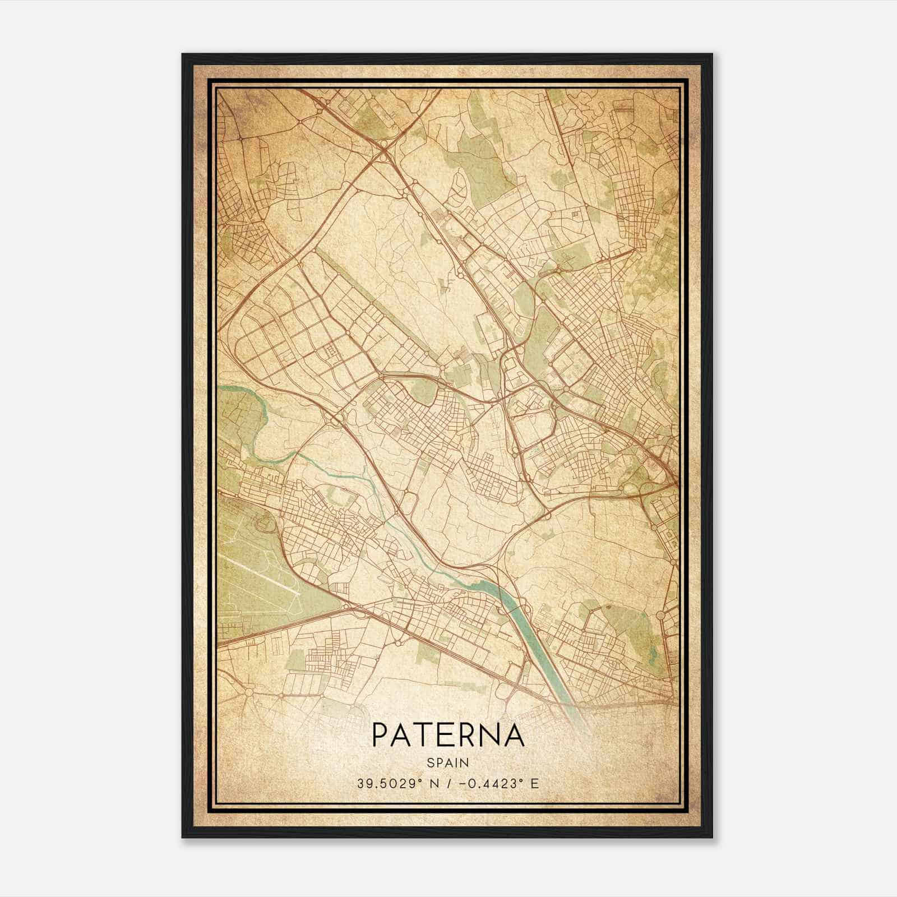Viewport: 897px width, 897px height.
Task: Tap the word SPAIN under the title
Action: (448, 762)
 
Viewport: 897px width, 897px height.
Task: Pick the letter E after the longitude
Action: (534, 783)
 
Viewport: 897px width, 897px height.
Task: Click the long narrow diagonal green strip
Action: (359, 292)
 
